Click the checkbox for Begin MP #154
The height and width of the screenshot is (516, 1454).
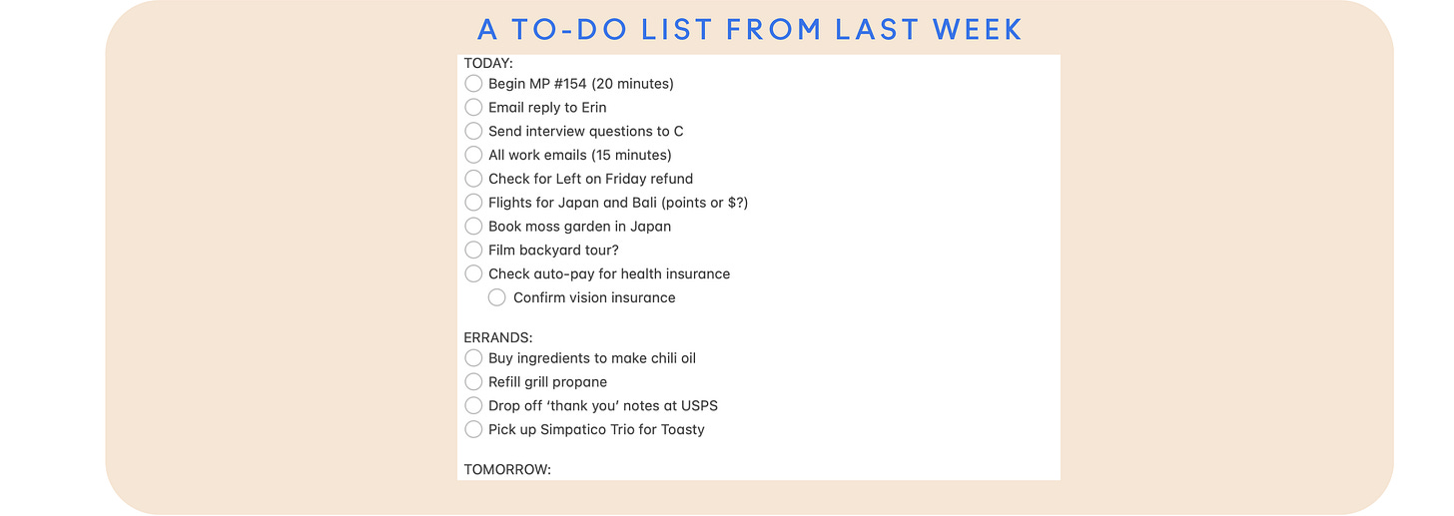tap(473, 83)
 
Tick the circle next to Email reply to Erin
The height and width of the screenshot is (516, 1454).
tap(473, 107)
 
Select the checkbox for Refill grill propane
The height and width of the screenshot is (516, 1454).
tap(473, 381)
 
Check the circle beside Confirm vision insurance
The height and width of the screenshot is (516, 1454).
tap(497, 297)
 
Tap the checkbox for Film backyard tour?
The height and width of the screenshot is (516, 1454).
tap(473, 250)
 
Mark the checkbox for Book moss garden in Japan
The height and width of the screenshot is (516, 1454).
tap(473, 226)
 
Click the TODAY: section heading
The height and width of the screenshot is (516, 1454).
tap(488, 62)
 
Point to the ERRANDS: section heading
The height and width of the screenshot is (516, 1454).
tap(498, 337)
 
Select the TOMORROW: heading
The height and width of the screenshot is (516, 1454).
tap(507, 469)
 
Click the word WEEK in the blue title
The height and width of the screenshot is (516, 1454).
tap(978, 29)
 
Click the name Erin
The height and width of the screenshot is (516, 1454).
tap(593, 107)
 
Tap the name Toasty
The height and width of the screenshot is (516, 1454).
tap(681, 429)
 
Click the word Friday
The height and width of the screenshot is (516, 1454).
tap(626, 179)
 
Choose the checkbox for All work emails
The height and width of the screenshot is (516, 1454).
tap(473, 155)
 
